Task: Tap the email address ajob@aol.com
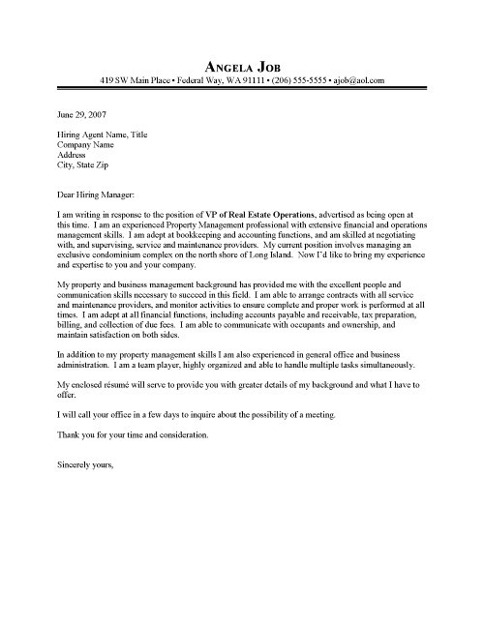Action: (x=357, y=78)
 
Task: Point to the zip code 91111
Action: (x=232, y=78)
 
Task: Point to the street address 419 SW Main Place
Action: (x=135, y=78)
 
